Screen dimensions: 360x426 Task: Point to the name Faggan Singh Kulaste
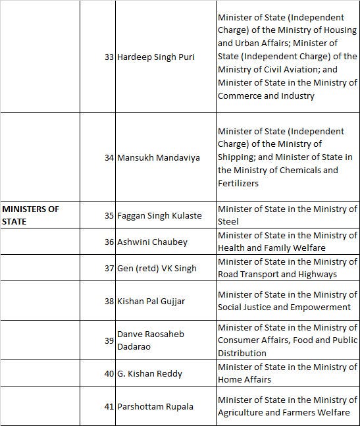pyautogui.click(x=159, y=215)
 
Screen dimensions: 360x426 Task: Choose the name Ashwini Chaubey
pyautogui.click(x=152, y=242)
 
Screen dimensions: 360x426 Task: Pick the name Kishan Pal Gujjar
pyautogui.click(x=151, y=301)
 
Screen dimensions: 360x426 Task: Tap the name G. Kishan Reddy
pyautogui.click(x=149, y=373)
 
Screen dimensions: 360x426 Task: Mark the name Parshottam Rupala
pyautogui.click(x=155, y=406)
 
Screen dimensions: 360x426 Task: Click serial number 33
pyautogui.click(x=109, y=57)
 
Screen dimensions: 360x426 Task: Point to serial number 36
pyautogui.click(x=109, y=242)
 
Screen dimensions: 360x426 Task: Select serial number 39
pyautogui.click(x=109, y=340)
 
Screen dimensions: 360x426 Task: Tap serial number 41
pyautogui.click(x=109, y=406)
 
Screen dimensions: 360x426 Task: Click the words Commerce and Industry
pyautogui.click(x=257, y=96)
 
